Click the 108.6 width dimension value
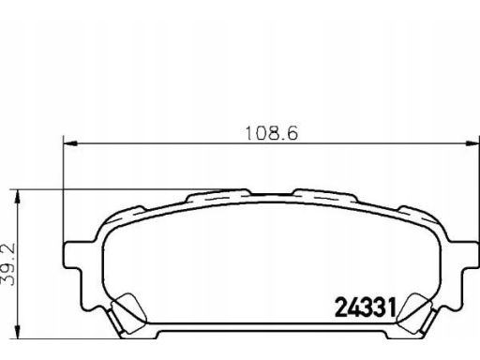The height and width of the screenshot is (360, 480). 272,133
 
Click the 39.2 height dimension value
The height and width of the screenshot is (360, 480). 7,265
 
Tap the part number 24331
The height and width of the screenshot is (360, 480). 366,307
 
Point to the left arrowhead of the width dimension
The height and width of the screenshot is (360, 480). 70,143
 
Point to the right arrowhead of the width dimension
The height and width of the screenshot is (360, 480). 472,143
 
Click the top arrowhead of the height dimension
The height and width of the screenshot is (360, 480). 18,196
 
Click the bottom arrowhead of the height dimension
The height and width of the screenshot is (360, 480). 18,332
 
